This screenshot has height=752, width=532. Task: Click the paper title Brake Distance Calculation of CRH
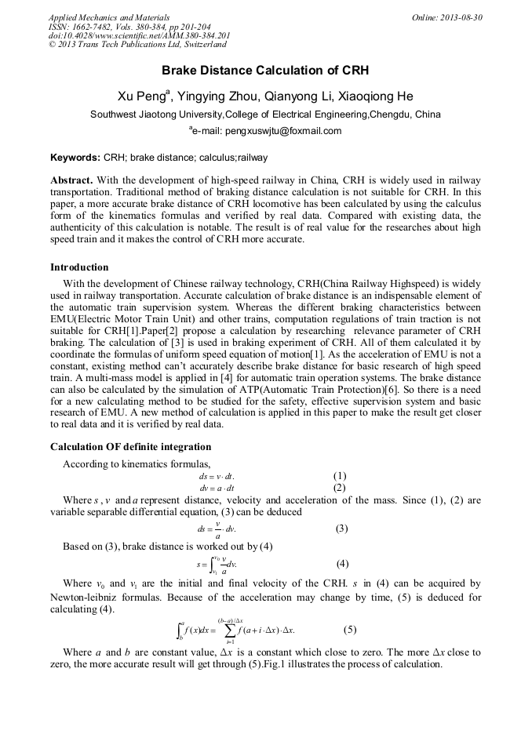click(x=265, y=71)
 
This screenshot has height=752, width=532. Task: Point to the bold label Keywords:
click(x=75, y=158)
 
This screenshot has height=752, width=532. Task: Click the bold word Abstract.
click(x=73, y=180)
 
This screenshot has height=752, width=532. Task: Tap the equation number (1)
click(x=339, y=476)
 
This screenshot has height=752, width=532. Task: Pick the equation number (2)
click(x=339, y=488)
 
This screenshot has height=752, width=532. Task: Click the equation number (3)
click(x=341, y=529)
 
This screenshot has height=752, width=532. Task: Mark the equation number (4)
click(x=342, y=564)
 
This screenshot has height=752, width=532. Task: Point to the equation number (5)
click(x=350, y=630)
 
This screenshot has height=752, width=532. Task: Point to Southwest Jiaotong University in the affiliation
click(x=157, y=114)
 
